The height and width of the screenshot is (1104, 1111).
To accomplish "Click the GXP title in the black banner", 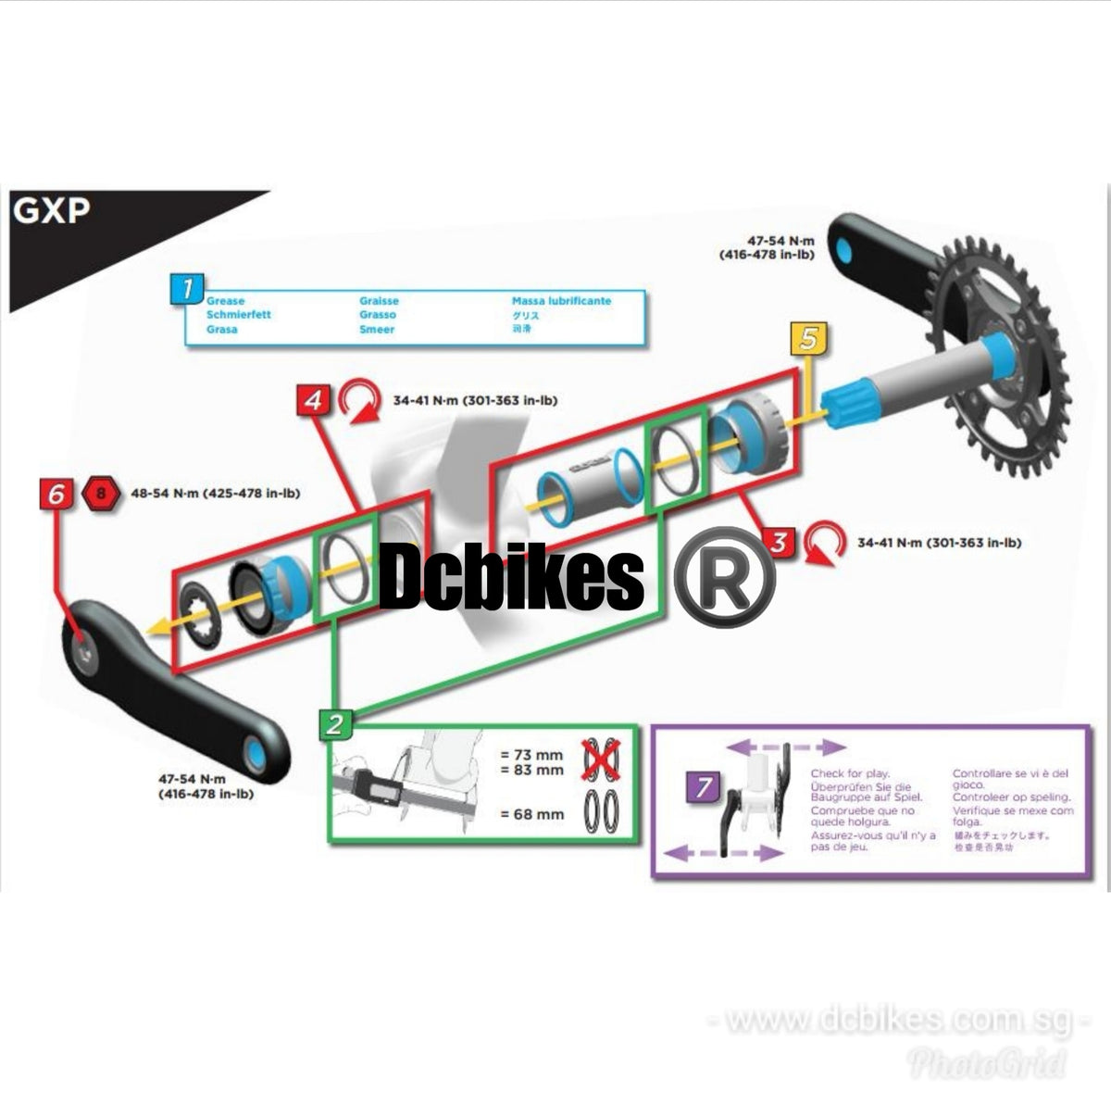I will coord(52,212).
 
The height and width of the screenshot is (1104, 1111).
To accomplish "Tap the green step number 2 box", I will coord(334,724).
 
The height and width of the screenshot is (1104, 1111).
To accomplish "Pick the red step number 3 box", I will coord(779,542).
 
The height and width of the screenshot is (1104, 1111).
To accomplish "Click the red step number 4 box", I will coord(314,400).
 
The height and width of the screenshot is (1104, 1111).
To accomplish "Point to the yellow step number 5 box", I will coord(809,339).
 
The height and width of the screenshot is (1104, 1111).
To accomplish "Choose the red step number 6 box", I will coord(56,495).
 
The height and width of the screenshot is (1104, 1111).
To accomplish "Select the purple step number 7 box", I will coord(705,787).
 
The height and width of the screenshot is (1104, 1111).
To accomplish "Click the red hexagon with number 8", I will coord(100,494).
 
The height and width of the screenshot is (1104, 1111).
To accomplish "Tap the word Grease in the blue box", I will coord(226,301).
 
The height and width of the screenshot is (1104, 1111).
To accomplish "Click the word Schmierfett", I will coord(239,315).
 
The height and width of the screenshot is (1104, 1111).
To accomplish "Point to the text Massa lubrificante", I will coord(561,301).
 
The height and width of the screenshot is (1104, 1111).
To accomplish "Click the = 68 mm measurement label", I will coord(531,814).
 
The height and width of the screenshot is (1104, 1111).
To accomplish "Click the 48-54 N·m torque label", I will coord(216,494).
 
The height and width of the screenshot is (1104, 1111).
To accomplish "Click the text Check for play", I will coord(850,772).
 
